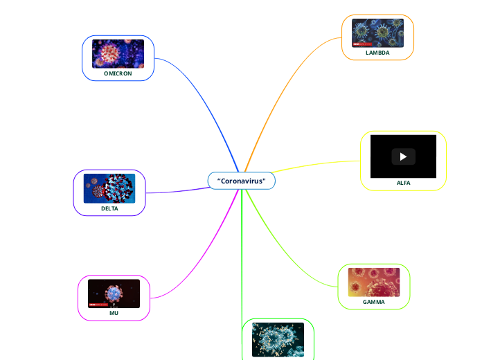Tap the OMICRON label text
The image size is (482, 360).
[118, 73]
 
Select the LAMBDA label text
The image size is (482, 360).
[377, 53]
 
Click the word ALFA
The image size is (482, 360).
[403, 183]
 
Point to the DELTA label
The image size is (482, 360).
[109, 208]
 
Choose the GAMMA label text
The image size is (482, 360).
[374, 302]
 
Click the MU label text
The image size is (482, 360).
[114, 313]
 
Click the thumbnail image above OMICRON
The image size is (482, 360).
[118, 53]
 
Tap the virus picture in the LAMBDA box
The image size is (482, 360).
[377, 33]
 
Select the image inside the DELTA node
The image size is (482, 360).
[109, 188]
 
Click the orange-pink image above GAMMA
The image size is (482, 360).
[374, 282]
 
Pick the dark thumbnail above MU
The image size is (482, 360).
[114, 294]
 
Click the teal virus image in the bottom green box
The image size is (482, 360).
[278, 340]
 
